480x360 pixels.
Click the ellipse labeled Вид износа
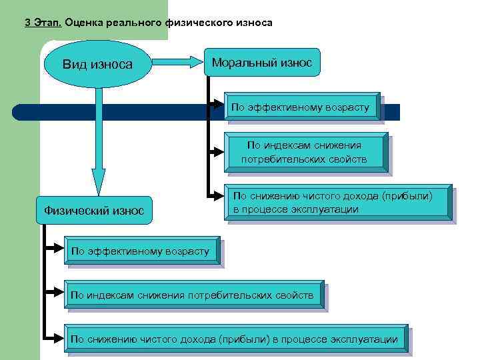[97, 65]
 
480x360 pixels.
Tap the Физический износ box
[94, 211]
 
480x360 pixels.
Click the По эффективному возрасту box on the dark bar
[303, 107]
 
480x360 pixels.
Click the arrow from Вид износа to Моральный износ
[179, 64]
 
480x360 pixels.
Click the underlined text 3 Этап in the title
[43, 23]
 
